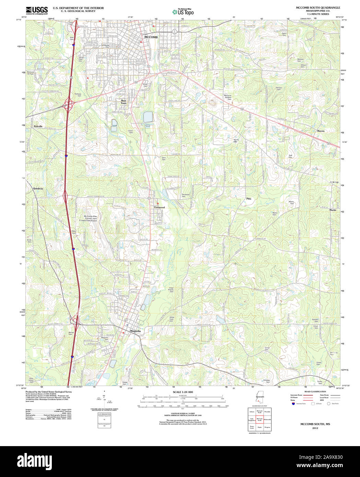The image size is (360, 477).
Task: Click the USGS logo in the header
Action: click(36, 10)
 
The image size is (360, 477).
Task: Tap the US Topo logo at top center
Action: click(183, 12)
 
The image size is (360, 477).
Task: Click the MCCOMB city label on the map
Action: click(151, 37)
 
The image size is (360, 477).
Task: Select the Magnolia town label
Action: click(135, 331)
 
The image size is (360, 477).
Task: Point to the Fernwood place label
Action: click(159, 208)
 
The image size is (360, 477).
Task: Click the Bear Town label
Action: click(124, 102)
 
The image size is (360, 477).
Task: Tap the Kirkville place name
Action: click(38, 126)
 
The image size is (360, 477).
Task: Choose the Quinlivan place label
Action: click(38, 189)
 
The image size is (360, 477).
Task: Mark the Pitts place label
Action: click(249, 199)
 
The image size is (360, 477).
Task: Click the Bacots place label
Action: click(321, 131)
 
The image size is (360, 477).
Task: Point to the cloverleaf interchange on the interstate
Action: click(70, 103)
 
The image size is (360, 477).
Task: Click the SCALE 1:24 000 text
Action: click(183, 392)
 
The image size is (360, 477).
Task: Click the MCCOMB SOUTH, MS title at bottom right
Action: click(315, 424)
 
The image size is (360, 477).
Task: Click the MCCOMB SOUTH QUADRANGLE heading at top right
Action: click(318, 8)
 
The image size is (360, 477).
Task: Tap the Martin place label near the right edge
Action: click(333, 210)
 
